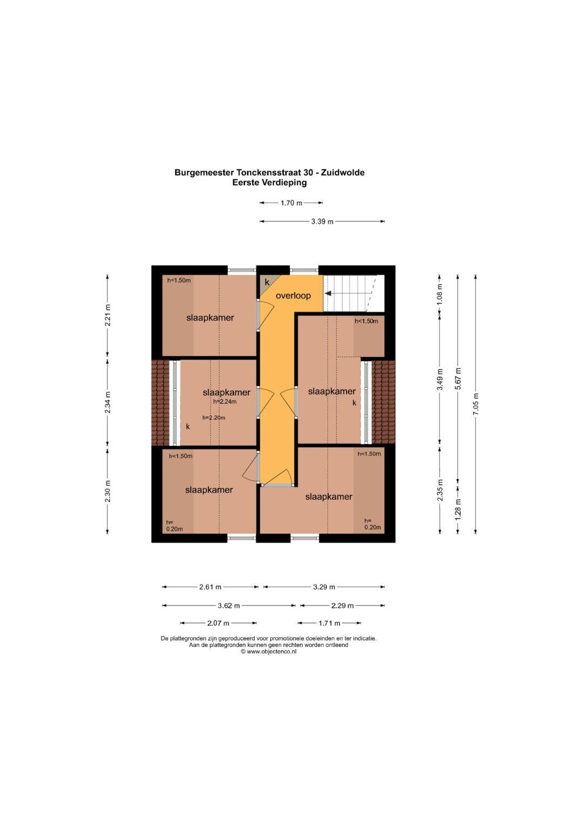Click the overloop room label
293,296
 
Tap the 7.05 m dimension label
476,404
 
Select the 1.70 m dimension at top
291,203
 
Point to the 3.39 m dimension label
322,221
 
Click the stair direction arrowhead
328,294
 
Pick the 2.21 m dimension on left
107,315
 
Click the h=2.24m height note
225,401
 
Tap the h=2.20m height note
214,418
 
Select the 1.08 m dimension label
440,295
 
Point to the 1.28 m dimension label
458,509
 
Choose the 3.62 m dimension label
229,605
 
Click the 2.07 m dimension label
218,623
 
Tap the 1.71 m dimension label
329,623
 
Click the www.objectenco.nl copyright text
268,651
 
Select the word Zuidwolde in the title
343,172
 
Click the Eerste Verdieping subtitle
269,182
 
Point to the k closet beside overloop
267,283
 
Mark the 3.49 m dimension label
440,379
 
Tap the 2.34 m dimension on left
107,403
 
